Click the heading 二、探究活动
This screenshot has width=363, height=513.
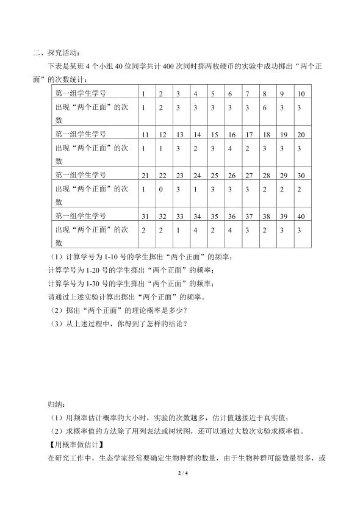60,53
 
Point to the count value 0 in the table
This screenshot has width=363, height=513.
160,190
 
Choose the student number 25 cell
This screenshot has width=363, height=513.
214,176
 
